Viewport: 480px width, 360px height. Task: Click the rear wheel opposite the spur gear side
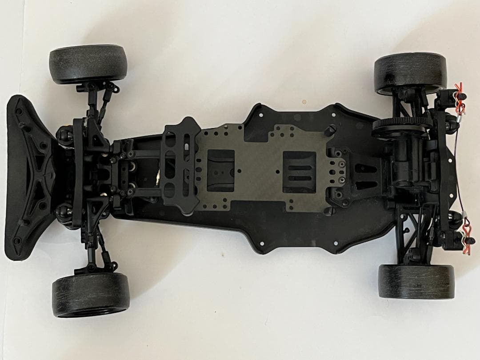tap(416, 282)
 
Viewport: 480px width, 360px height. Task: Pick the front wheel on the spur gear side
tap(88, 64)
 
